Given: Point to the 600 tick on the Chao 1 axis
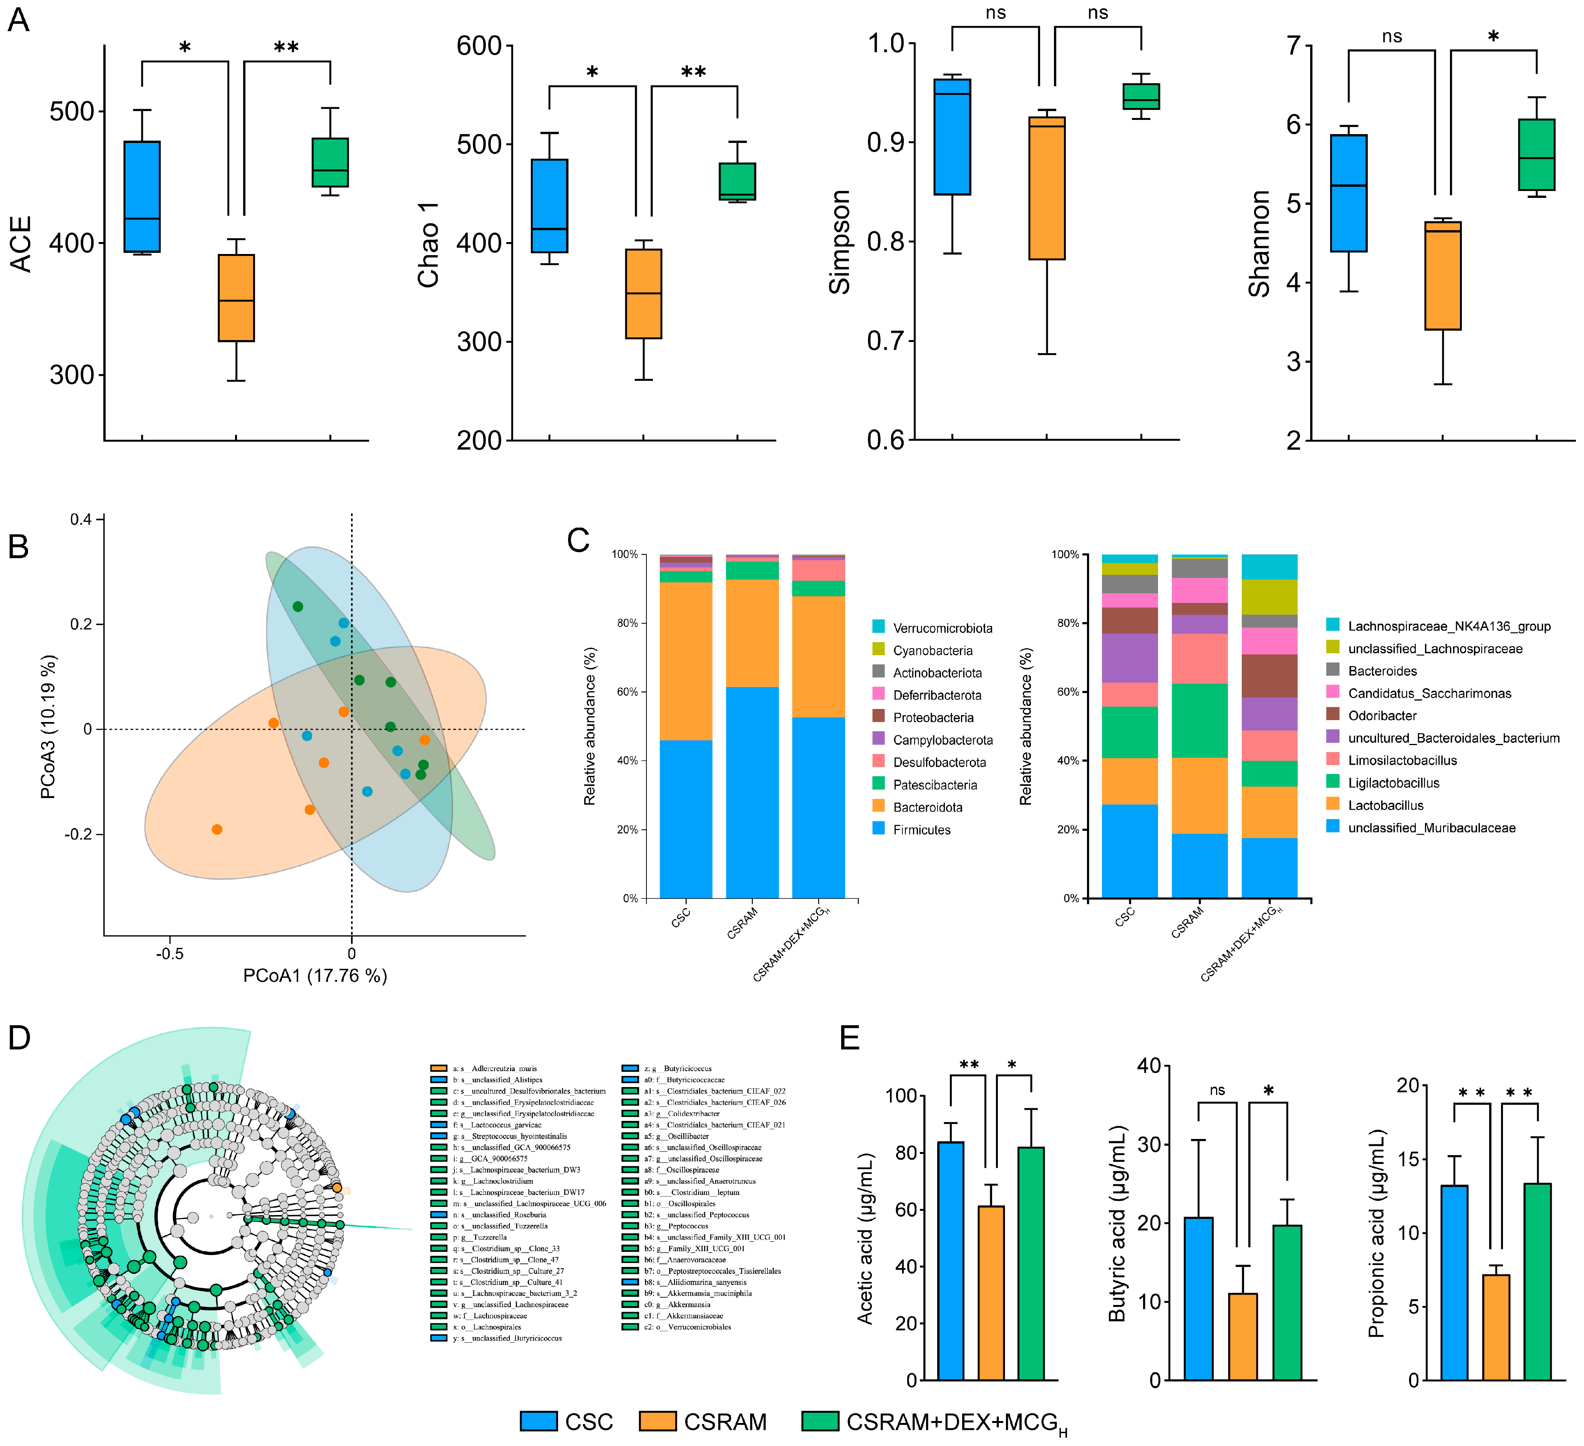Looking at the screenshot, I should pyautogui.click(x=479, y=46).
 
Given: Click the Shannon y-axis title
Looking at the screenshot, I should pyautogui.click(x=1259, y=244).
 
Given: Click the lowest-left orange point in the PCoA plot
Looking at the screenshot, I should pyautogui.click(x=217, y=829).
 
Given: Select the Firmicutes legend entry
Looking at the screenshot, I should pyautogui.click(x=921, y=830).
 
